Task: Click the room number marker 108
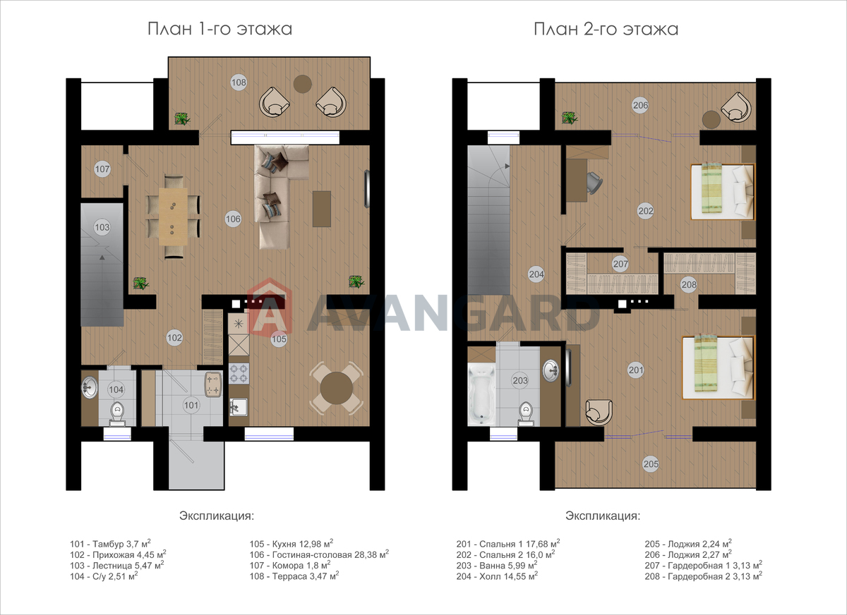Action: click(x=239, y=83)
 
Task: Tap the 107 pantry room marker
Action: click(x=102, y=169)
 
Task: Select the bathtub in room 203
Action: click(x=481, y=394)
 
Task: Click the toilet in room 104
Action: click(x=117, y=413)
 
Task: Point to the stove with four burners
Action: click(x=239, y=373)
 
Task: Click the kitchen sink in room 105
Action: click(x=239, y=407)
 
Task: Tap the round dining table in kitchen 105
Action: click(x=336, y=388)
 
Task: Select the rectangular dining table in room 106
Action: click(x=173, y=217)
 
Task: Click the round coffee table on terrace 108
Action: click(x=303, y=84)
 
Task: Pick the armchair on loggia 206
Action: click(x=735, y=107)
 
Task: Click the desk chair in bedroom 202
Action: click(x=594, y=183)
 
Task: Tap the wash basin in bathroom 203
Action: click(x=551, y=370)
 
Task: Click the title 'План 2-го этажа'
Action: click(x=606, y=29)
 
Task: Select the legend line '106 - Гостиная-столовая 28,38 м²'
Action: click(x=319, y=554)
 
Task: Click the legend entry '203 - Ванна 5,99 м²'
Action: click(x=497, y=565)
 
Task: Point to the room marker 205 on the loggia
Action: click(x=651, y=464)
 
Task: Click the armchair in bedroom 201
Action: click(x=599, y=413)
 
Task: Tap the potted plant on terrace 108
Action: click(x=182, y=118)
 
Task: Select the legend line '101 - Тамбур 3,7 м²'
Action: click(x=110, y=544)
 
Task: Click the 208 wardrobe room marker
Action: click(x=689, y=284)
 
